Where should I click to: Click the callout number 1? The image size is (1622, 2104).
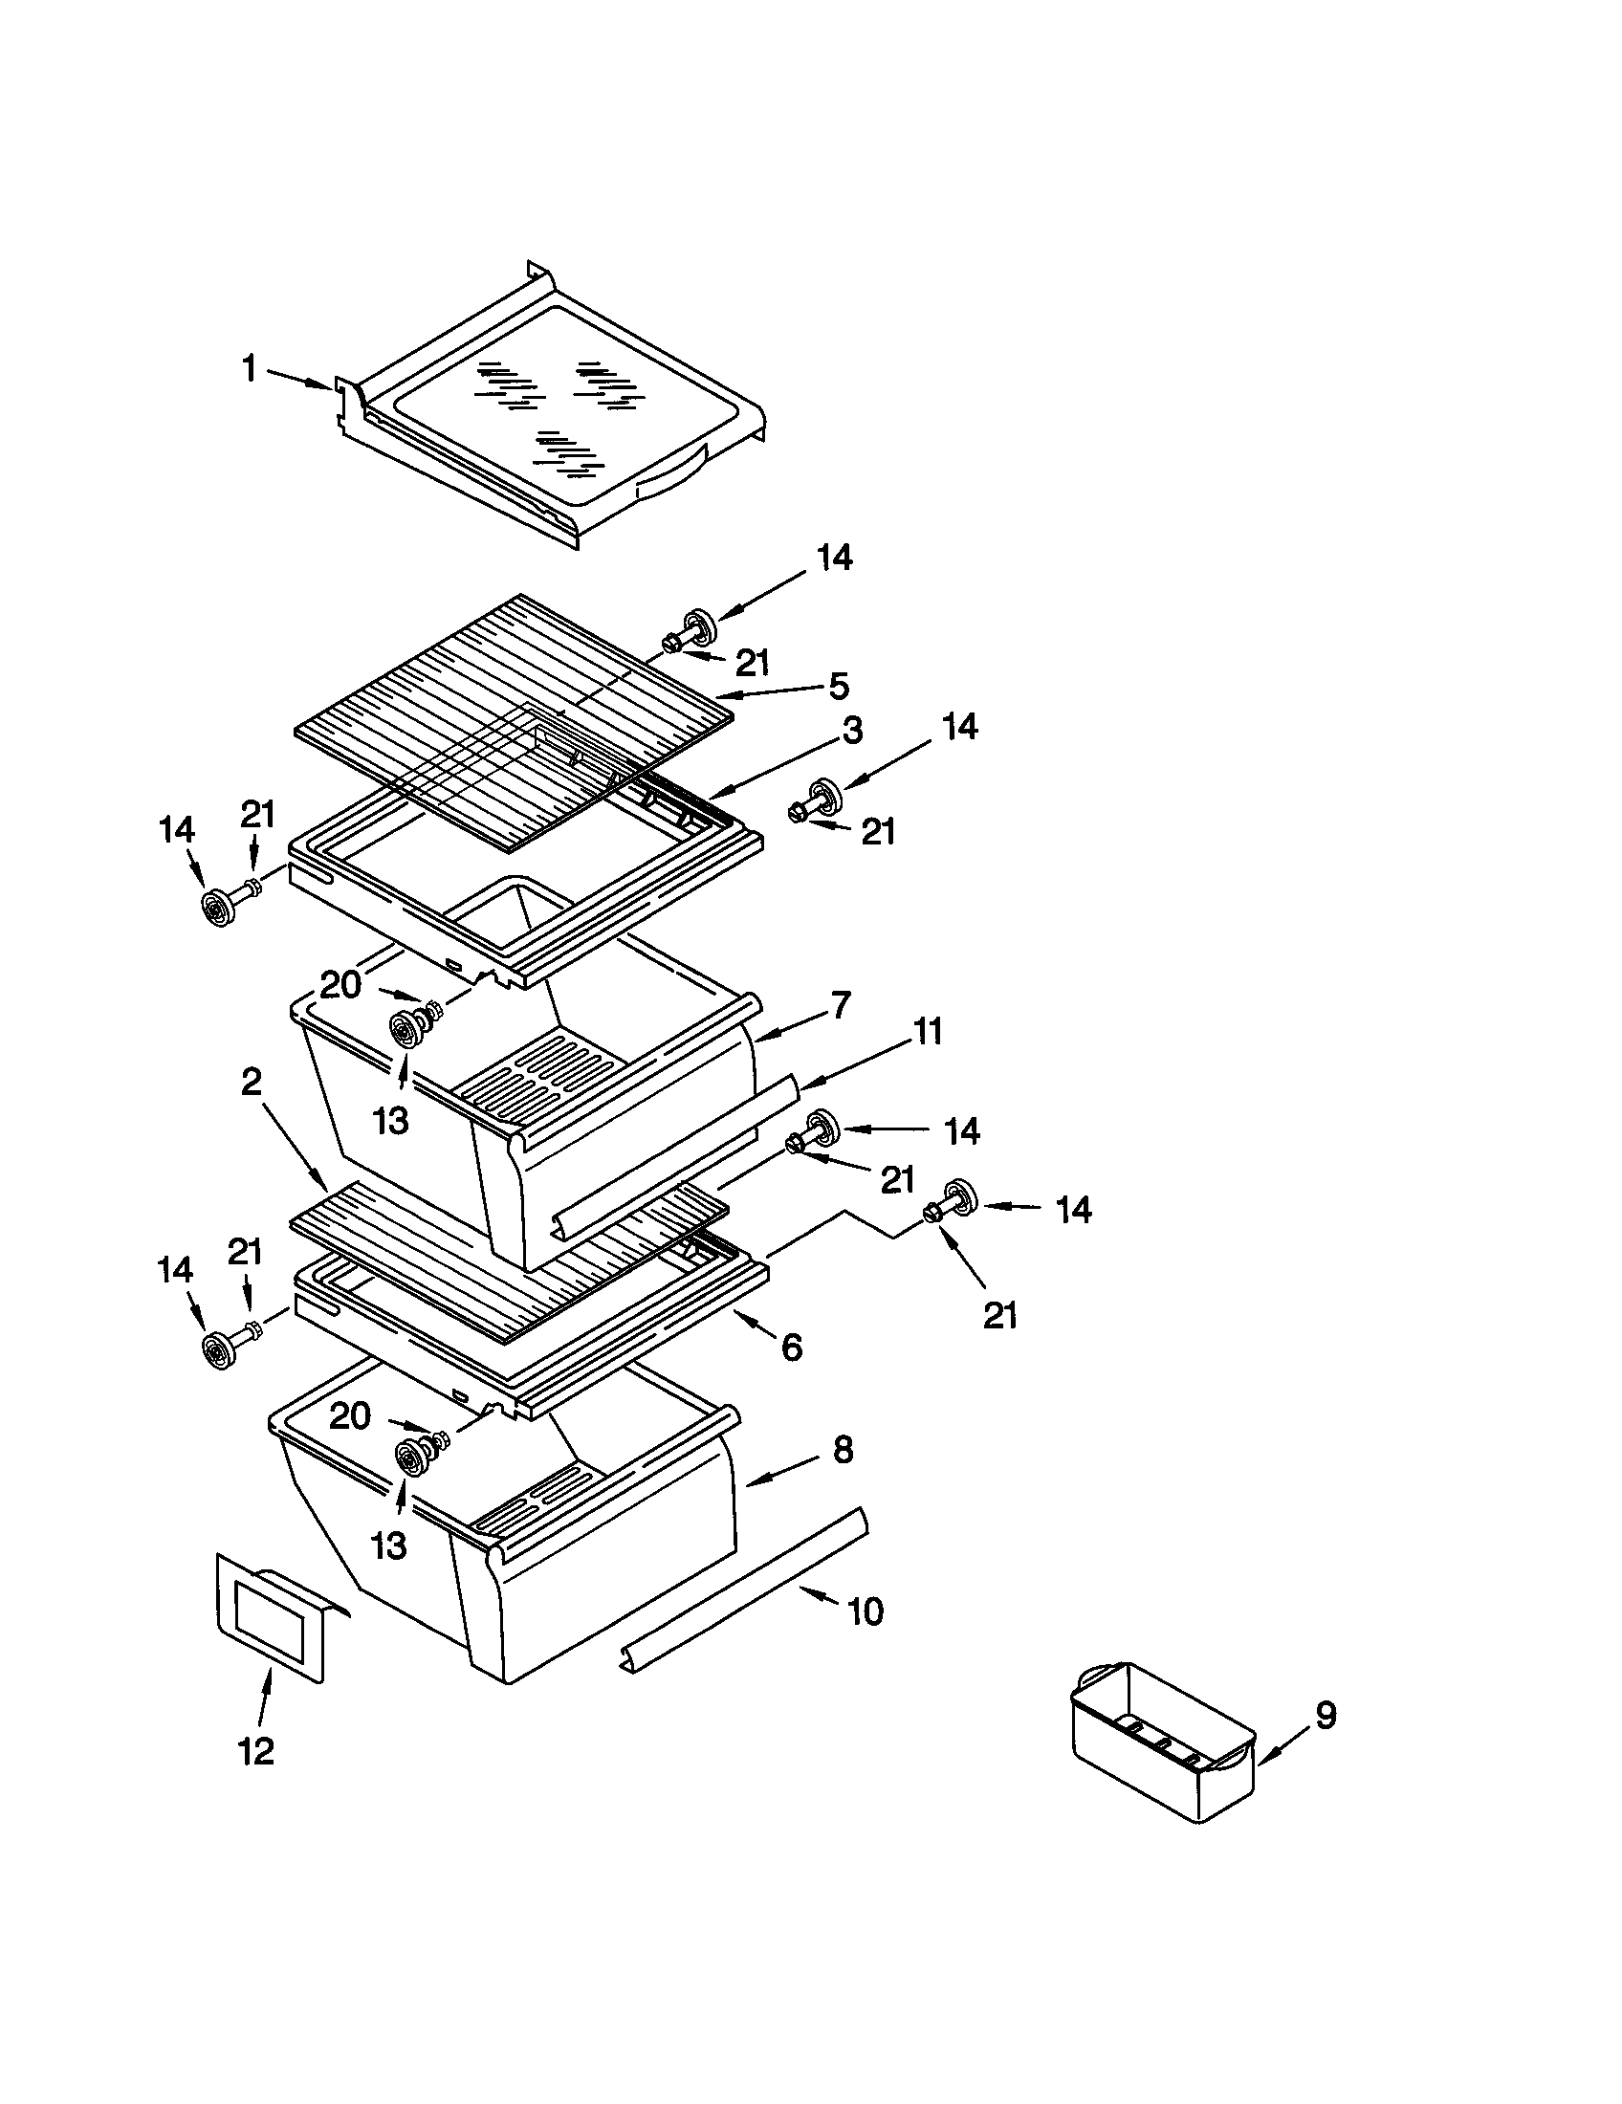tap(250, 368)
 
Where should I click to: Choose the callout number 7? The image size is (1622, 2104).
tap(841, 1005)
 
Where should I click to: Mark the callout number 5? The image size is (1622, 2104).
tap(838, 687)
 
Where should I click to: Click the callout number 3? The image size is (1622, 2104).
tap(851, 731)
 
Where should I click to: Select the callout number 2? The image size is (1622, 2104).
tap(251, 1083)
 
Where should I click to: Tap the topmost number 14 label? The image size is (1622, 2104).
tap(834, 558)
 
